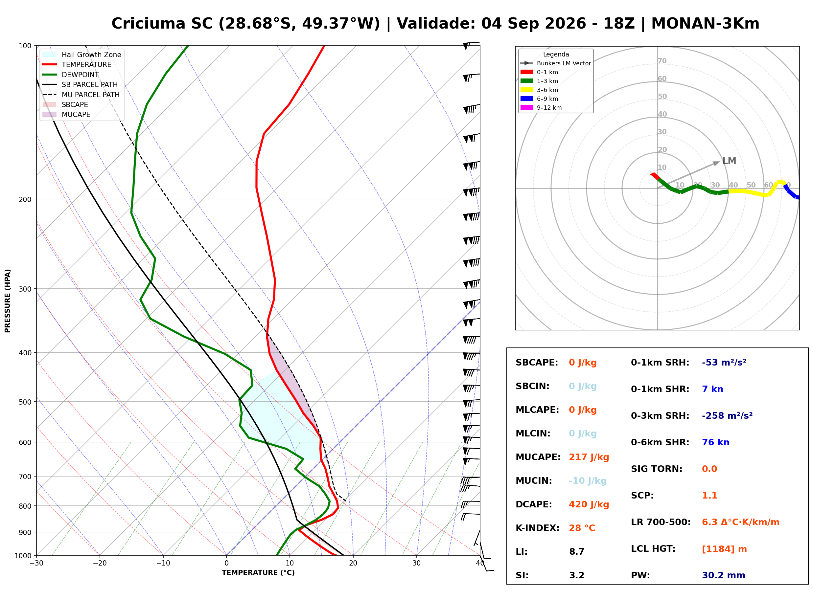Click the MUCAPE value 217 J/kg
point(589,457)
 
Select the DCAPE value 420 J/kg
point(589,504)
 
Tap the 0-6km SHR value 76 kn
point(715,442)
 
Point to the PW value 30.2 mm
point(724,575)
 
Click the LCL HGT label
point(653,548)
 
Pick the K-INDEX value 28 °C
point(582,528)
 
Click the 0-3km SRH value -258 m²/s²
point(727,415)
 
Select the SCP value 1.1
point(709,496)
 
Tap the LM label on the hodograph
point(729,161)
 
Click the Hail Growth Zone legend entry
point(82,55)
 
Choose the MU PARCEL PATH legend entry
point(81,95)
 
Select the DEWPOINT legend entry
point(71,75)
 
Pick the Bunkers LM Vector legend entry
point(555,63)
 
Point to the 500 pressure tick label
point(25,402)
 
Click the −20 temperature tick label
point(100,563)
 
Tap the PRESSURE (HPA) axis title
point(8,301)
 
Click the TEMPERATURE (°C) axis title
point(258,573)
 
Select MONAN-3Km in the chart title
point(705,24)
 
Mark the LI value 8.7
point(577,551)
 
